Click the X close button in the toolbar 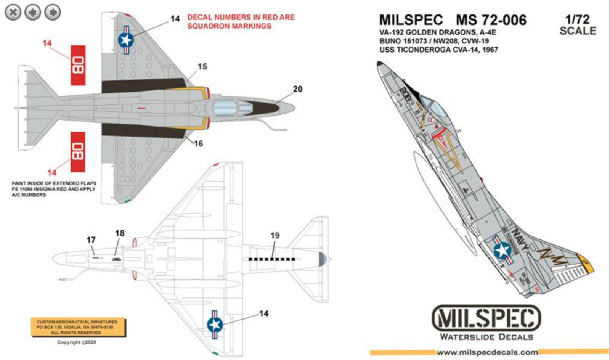click(13, 13)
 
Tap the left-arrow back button click(33, 13)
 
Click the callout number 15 click(202, 67)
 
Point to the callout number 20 click(297, 89)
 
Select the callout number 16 click(198, 144)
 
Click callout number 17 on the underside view click(91, 240)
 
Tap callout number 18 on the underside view click(120, 233)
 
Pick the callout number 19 click(275, 236)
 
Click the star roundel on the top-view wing click(126, 39)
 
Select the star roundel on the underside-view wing click(215, 325)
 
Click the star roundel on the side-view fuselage click(502, 250)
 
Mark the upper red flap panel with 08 click(78, 65)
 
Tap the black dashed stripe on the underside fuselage click(271, 259)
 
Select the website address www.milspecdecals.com click(487, 352)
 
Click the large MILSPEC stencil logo click(486, 318)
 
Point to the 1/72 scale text click(578, 25)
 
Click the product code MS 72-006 click(491, 20)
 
